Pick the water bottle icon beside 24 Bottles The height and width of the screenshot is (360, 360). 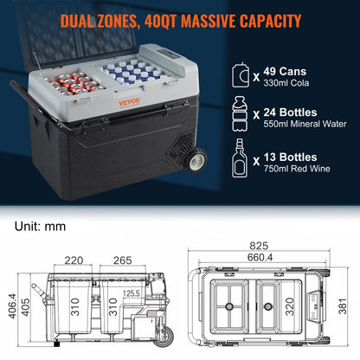tap(244, 112)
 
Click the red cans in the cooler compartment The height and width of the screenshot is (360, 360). tap(69, 83)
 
